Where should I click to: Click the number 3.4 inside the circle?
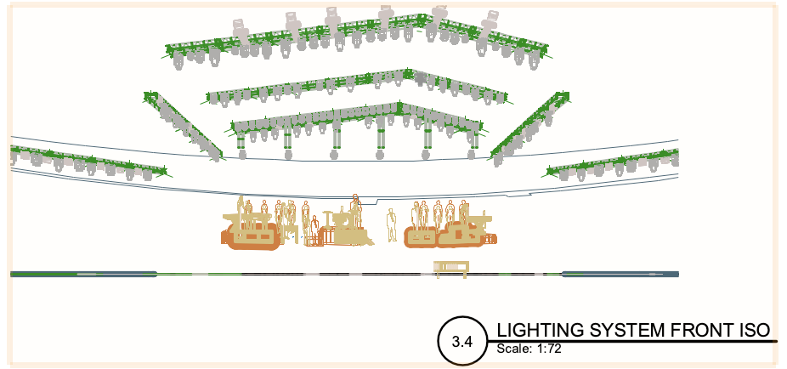[x=461, y=342]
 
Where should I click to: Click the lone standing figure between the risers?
[x=392, y=224]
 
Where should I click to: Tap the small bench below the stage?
[x=451, y=267]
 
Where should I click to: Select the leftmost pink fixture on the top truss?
[x=241, y=29]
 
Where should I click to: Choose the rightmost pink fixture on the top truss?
[x=490, y=26]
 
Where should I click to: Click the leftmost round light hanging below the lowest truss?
[x=242, y=154]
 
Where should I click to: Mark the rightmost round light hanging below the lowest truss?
[x=472, y=154]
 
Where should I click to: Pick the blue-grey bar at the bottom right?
[x=620, y=274]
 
